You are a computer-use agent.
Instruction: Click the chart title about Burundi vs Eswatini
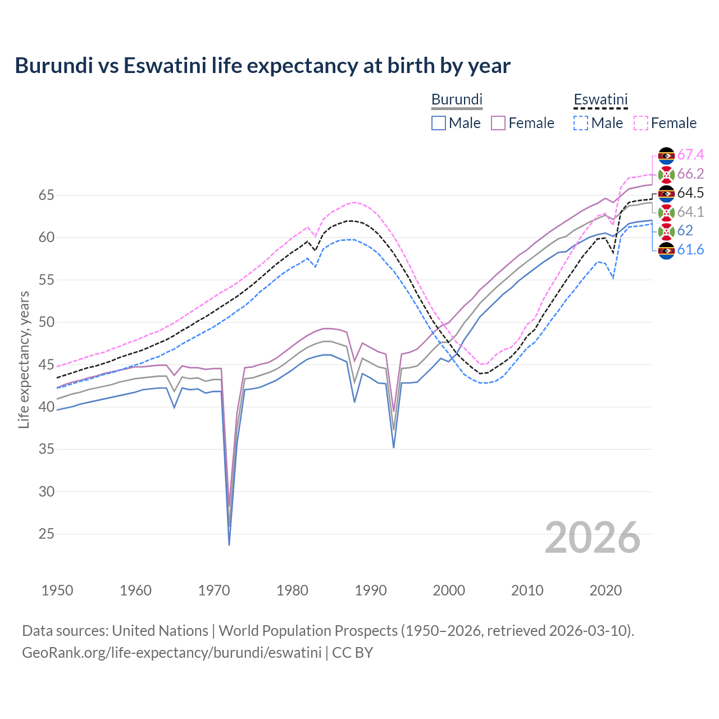coord(262,66)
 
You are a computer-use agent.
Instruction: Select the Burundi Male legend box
coord(439,123)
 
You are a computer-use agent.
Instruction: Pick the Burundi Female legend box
coord(498,123)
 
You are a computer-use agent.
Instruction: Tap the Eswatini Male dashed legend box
coord(581,123)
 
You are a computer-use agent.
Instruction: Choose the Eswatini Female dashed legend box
coord(641,123)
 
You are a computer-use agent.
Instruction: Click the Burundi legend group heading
coord(457,99)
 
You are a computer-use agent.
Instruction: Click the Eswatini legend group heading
coord(600,100)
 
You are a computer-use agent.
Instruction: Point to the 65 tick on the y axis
coord(46,195)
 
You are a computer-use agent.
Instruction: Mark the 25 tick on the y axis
coord(46,534)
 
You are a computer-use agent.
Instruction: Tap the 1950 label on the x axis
coord(57,590)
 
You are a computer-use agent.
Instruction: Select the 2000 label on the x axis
coord(449,590)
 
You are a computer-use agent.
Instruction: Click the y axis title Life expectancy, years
coord(24,359)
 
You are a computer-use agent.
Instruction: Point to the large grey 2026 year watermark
coord(593,538)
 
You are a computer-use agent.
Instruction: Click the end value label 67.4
coord(690,154)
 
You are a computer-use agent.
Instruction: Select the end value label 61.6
coord(690,250)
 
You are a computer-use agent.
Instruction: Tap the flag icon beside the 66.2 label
coord(666,174)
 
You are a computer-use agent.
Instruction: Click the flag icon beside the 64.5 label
coord(666,193)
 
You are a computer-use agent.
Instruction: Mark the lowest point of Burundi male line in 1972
coord(229,544)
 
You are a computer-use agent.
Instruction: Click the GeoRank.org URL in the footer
coord(171,653)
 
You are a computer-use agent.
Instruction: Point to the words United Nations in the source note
coord(160,631)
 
